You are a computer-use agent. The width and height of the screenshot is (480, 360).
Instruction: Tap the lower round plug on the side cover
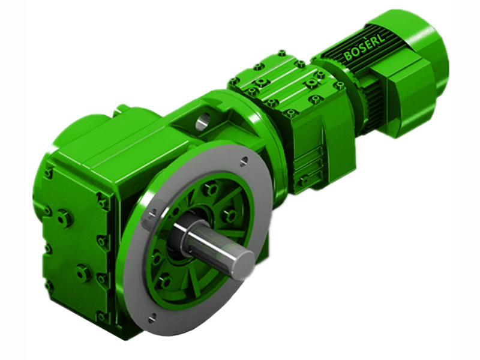pos(82,273)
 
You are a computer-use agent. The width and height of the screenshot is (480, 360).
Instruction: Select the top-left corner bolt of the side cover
pos(48,174)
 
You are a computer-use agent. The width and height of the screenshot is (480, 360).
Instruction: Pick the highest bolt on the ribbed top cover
pos(281,54)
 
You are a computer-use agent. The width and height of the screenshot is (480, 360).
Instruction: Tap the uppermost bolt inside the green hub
pos(211,190)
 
